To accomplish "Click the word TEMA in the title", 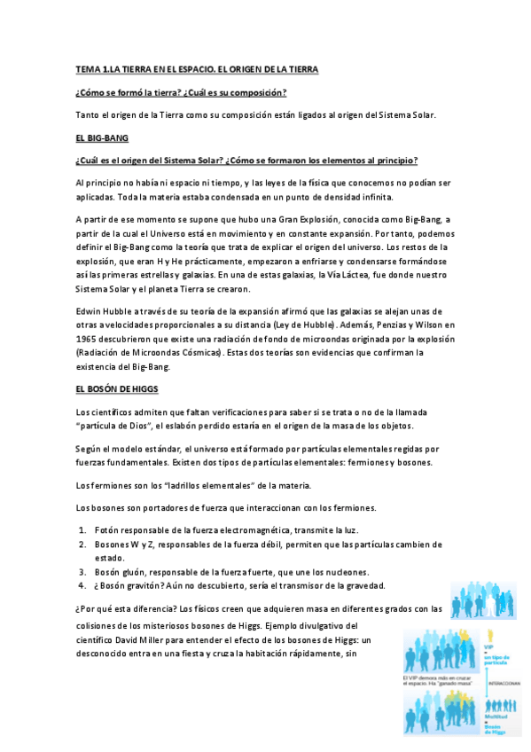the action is coord(89,68).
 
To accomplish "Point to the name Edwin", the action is coord(90,310).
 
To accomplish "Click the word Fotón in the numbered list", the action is coord(108,529).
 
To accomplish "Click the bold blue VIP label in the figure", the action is coord(488,648).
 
